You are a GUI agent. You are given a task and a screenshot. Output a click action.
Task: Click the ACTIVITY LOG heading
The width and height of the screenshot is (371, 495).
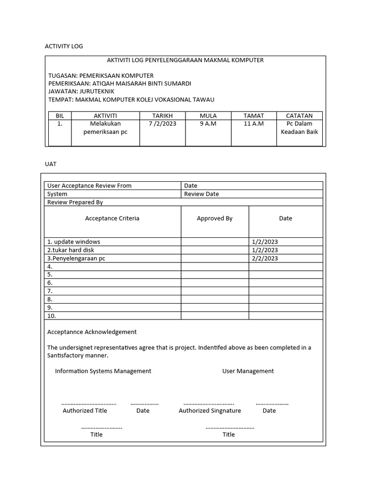(x=64, y=46)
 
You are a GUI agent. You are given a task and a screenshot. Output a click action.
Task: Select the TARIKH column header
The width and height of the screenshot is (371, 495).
(x=162, y=116)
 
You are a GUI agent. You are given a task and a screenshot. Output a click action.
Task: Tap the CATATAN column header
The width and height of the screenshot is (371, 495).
(x=299, y=116)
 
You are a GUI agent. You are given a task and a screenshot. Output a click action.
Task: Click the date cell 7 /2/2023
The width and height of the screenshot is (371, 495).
(x=162, y=124)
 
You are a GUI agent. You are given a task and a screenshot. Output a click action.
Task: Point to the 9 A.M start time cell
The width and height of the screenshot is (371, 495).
(x=208, y=124)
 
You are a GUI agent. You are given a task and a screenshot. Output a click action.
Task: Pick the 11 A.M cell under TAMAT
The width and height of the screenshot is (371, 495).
(x=254, y=124)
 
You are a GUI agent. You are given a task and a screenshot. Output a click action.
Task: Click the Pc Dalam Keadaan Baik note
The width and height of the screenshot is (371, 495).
(x=299, y=128)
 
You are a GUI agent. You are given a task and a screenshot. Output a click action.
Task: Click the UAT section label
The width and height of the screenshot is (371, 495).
(x=51, y=164)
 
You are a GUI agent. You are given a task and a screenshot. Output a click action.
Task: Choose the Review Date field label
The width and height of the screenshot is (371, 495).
(x=201, y=194)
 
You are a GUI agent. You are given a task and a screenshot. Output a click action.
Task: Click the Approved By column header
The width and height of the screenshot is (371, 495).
(x=214, y=218)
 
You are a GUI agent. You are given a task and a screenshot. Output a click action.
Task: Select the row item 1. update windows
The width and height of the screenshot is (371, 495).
(x=74, y=242)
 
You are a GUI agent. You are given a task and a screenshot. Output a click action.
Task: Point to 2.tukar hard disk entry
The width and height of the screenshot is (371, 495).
(x=71, y=250)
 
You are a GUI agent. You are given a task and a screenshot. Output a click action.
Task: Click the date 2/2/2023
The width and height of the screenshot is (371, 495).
(x=265, y=258)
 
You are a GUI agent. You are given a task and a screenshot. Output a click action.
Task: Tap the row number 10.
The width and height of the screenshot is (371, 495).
(x=52, y=316)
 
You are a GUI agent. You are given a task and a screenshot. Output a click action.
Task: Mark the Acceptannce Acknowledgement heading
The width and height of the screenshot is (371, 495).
(x=92, y=332)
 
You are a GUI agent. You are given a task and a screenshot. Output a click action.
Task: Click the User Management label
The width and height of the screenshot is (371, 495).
(x=248, y=371)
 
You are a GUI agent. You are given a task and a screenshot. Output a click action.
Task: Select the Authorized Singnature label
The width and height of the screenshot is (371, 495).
(x=210, y=410)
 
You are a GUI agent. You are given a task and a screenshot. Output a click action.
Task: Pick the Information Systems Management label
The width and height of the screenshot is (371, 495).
(x=103, y=371)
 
